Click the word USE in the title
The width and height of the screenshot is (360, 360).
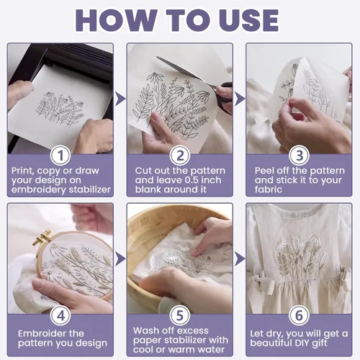pos(248,20)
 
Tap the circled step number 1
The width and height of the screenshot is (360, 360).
pos(60,156)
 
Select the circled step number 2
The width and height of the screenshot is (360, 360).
pos(180,156)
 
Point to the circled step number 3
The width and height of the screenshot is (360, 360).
pos(299,156)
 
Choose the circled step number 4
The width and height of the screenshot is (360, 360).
pos(60,315)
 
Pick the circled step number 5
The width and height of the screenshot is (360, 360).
pos(180,315)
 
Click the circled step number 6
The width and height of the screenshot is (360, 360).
pos(299,315)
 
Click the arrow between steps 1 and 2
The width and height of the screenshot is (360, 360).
pos(120,99)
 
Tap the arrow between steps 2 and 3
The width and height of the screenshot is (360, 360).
pos(239,99)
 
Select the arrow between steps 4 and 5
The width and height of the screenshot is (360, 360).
pos(120,258)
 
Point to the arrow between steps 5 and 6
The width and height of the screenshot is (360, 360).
pos(239,258)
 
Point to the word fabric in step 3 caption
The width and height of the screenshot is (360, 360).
pos(269,189)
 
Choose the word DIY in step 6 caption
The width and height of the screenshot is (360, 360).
pos(303,343)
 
